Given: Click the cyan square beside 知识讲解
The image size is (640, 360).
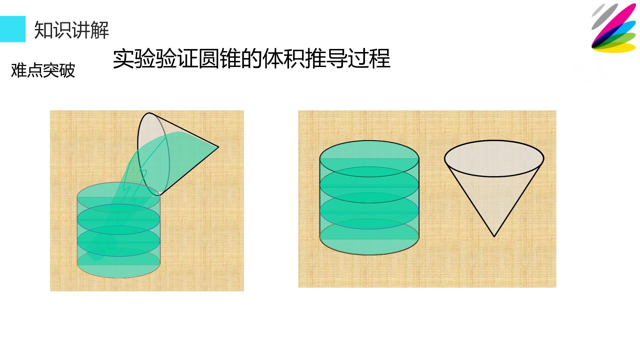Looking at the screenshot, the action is point(13,29).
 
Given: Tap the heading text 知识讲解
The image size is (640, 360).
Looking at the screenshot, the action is point(72,30).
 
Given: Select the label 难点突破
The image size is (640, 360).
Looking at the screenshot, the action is point(43,70).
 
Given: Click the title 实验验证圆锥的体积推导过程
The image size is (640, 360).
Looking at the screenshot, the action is point(252,59).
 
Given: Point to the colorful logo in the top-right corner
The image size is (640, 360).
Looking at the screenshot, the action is point(614,28).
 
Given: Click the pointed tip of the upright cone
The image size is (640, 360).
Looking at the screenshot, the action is point(494,237).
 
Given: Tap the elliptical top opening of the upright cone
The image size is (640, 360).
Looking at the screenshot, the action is point(494,158).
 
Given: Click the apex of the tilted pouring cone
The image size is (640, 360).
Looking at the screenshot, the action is point(218,147).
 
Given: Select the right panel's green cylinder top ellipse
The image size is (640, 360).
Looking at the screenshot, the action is point(369,159).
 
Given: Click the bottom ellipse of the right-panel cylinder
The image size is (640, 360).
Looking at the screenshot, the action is point(369,237).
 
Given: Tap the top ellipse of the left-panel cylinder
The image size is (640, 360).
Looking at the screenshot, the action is point(119,197).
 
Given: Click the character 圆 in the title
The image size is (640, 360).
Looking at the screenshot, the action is point(209,59).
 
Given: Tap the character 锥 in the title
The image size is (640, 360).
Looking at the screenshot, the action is point(230,59).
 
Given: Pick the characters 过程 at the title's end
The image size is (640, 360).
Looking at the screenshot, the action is point(369,59).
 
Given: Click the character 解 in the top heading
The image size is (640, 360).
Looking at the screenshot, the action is point(100,30).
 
